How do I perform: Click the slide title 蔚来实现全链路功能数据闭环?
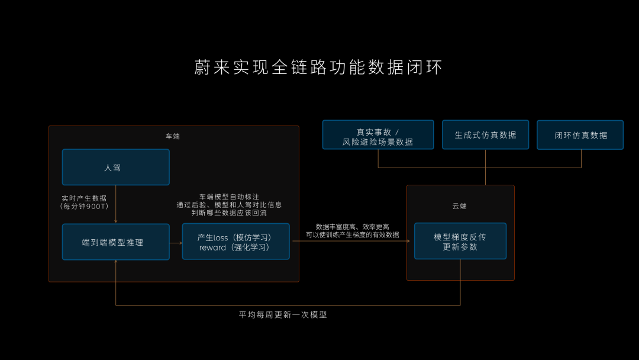click(318, 67)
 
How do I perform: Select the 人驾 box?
click(115, 167)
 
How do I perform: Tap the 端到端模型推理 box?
click(115, 242)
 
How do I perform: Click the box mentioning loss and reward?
click(235, 242)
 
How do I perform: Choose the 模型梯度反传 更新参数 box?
click(460, 241)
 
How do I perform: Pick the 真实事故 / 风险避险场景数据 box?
click(377, 135)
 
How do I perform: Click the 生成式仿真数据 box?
click(485, 135)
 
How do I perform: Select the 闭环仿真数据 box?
click(580, 135)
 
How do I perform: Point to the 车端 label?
click(173, 136)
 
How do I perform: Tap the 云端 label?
click(460, 206)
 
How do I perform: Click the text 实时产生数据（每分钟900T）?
click(84, 202)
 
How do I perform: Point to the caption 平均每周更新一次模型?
click(283, 315)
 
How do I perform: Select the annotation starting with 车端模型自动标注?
click(229, 204)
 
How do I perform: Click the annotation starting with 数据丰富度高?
click(352, 230)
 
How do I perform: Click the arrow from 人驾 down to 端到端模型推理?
click(116, 204)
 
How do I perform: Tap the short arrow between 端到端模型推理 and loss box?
click(176, 242)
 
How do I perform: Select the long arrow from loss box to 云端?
click(349, 241)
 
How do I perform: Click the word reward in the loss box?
click(213, 247)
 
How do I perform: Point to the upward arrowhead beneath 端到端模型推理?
click(116, 262)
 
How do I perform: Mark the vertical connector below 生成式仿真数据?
click(485, 167)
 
